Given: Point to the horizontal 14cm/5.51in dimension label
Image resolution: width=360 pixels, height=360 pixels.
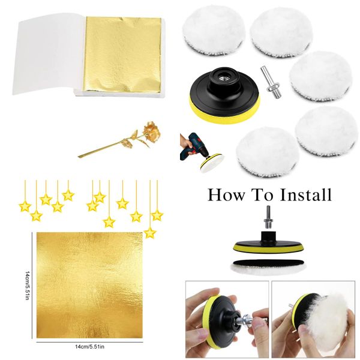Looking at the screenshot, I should [89, 347].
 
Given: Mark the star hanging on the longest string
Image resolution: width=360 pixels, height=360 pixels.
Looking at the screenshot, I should [150, 232].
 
